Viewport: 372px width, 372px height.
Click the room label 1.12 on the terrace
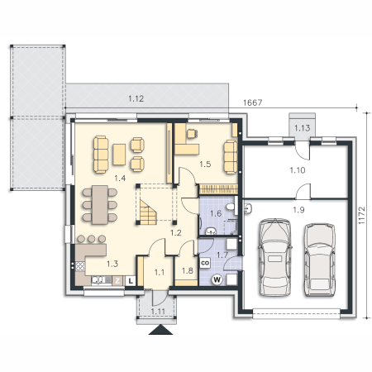click(x=136, y=98)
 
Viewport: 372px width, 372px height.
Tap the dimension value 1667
click(x=253, y=103)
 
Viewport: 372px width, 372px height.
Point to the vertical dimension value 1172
click(x=361, y=215)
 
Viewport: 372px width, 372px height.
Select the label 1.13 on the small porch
click(x=302, y=128)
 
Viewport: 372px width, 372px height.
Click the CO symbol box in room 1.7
click(x=205, y=263)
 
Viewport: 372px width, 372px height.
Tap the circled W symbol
click(x=217, y=280)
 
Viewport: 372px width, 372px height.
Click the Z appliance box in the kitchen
click(x=117, y=281)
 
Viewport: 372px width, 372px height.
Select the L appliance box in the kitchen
click(x=131, y=281)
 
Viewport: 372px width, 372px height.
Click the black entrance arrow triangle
click(x=160, y=330)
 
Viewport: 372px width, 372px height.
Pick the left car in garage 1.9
click(x=275, y=257)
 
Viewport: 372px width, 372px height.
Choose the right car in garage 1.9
click(x=320, y=260)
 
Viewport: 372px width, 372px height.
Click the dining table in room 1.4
click(x=100, y=205)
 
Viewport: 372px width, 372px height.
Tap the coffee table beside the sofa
click(x=119, y=155)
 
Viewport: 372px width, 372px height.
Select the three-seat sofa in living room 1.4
click(x=101, y=155)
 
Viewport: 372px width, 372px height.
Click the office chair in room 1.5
click(x=192, y=134)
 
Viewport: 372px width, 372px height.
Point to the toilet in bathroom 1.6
click(x=231, y=207)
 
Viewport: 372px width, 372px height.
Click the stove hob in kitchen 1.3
click(x=80, y=266)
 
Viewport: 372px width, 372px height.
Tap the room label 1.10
click(x=298, y=170)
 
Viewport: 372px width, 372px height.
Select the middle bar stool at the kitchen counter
click(x=92, y=239)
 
